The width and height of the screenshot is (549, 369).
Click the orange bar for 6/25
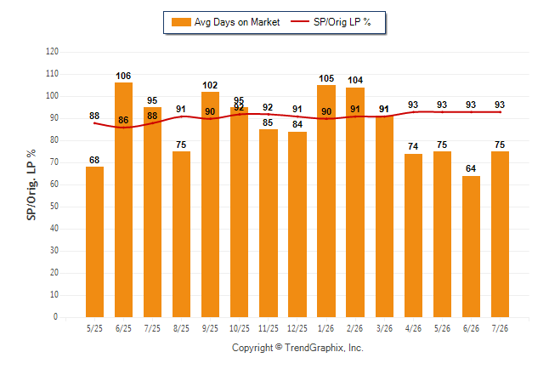tap(123, 200)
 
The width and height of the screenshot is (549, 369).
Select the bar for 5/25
tap(94, 241)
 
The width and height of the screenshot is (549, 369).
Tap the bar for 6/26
tap(471, 247)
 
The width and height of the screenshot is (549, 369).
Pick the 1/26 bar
tap(326, 201)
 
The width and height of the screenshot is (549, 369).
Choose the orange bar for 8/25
tap(181, 234)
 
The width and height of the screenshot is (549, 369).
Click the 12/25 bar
tap(297, 224)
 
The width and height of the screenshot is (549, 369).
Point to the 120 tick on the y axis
tap(52, 52)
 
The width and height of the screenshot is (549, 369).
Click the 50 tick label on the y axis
tap(54, 206)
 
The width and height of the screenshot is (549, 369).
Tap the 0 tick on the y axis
tap(55, 316)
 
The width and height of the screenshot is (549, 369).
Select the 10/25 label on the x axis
tap(240, 328)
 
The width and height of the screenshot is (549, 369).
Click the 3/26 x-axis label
tap(384, 328)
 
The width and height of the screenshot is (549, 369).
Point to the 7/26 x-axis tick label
tap(500, 328)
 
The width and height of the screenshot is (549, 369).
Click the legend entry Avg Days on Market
tap(225, 22)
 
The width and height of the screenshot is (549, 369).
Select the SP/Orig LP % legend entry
tap(331, 22)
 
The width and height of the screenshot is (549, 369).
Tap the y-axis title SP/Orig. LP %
tap(31, 184)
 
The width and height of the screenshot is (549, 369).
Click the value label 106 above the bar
tap(123, 76)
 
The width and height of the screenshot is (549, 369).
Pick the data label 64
tap(471, 168)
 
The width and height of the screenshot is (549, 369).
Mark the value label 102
tap(210, 85)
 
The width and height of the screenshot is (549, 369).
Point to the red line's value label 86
tap(123, 120)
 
